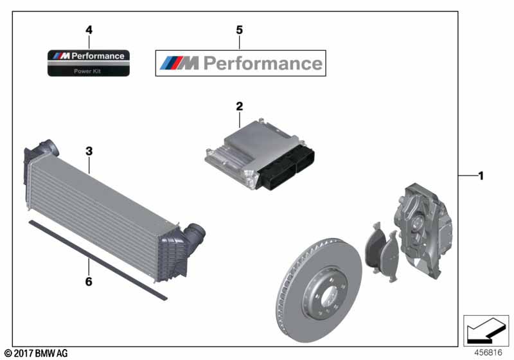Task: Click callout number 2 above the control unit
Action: [239, 106]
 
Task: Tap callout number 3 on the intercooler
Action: [89, 152]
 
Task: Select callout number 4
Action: [89, 30]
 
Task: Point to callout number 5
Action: [240, 30]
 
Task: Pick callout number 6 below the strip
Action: [89, 281]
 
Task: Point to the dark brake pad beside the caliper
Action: [376, 247]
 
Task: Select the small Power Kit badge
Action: [89, 62]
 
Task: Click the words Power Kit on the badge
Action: [89, 71]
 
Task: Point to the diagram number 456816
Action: [489, 352]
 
